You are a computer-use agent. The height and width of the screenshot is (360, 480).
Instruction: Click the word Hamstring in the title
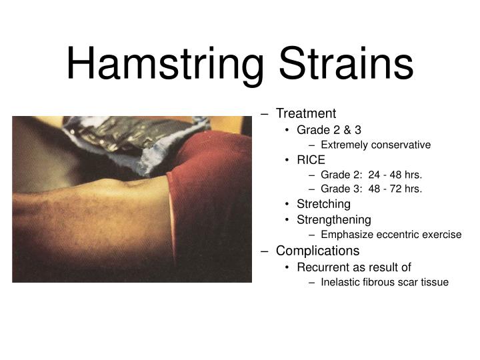166,63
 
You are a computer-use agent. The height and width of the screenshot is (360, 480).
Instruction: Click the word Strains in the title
346,63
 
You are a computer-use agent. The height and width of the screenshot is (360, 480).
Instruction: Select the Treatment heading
306,113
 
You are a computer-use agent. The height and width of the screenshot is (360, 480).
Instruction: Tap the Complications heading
317,251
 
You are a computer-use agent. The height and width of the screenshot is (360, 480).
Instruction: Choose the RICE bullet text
311,160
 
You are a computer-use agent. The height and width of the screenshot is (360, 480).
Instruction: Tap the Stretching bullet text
323,204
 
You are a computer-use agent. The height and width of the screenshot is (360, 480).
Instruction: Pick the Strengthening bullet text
334,219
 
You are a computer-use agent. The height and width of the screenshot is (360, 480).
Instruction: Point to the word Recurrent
322,267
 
